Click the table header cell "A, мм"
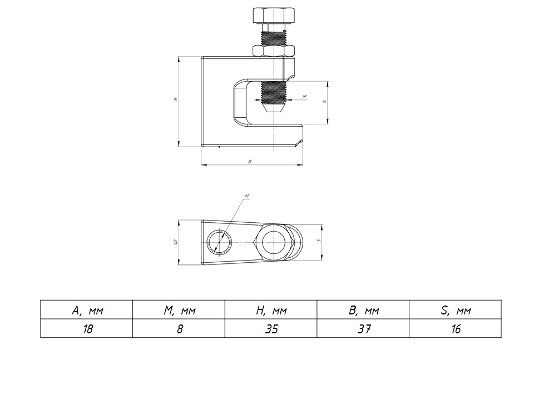(87, 310)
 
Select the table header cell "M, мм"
(179, 310)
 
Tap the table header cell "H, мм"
(271, 310)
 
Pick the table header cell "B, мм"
(364, 310)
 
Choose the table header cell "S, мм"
(456, 310)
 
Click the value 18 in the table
(87, 328)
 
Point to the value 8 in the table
(179, 328)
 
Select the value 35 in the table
(271, 328)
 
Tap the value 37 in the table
(364, 328)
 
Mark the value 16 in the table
(456, 328)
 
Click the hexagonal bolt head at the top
(274, 16)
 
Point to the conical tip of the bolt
(274, 109)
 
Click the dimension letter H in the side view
(175, 99)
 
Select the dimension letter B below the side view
(250, 162)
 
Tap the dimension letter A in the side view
(324, 102)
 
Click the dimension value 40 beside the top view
(175, 242)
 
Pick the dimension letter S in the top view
(318, 240)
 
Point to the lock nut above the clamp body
(274, 51)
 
